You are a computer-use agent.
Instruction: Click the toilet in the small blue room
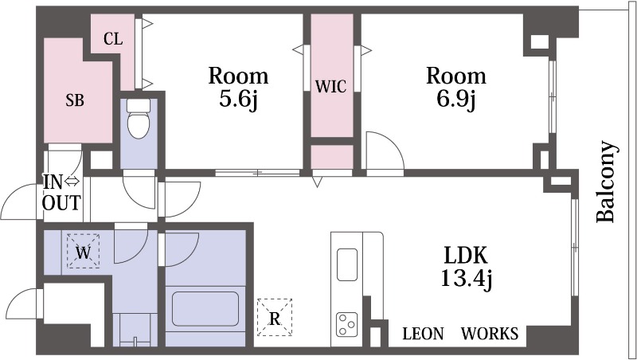[139, 119]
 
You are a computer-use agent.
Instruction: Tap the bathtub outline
[205, 309]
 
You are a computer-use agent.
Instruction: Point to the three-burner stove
[347, 324]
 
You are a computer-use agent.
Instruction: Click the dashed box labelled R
[275, 317]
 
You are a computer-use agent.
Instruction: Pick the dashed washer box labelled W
[84, 251]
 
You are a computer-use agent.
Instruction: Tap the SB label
[75, 100]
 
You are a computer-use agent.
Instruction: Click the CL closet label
[113, 39]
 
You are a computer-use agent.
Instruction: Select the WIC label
[331, 87]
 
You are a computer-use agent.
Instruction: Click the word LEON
[423, 334]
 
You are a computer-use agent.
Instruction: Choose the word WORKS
[490, 334]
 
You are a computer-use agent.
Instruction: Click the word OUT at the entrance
[62, 202]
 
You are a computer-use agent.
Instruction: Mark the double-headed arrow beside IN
[72, 182]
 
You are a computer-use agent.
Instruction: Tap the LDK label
[466, 256]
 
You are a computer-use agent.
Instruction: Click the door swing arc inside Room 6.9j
[392, 143]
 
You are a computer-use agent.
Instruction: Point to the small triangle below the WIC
[317, 182]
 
